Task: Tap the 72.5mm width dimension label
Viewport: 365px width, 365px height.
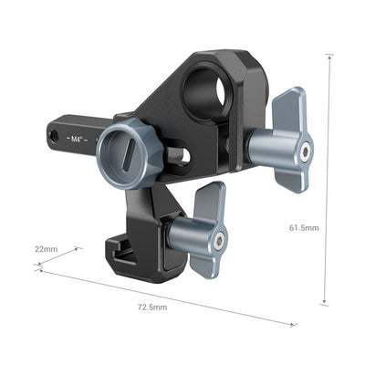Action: (154, 307)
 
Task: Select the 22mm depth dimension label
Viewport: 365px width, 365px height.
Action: (47, 248)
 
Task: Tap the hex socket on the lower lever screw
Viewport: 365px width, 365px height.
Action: (220, 240)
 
